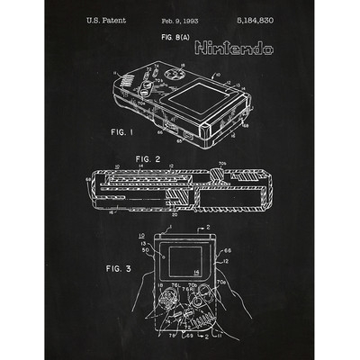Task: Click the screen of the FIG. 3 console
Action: (176, 267)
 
